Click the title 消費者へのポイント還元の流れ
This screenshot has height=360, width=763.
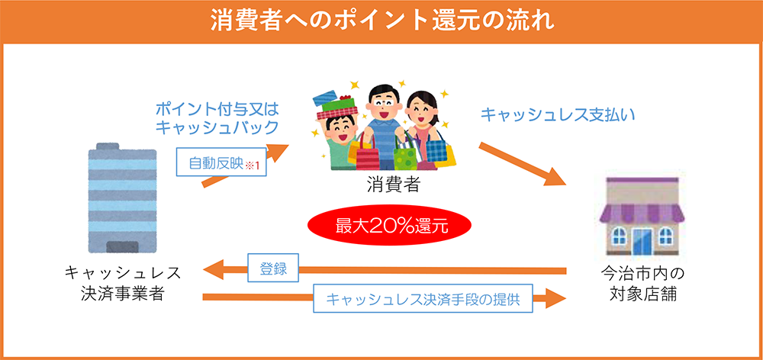pyautogui.click(x=382, y=21)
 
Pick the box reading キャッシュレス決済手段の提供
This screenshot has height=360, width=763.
pyautogui.click(x=423, y=299)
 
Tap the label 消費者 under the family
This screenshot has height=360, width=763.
pyautogui.click(x=392, y=185)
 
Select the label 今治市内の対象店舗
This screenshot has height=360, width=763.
pyautogui.click(x=642, y=282)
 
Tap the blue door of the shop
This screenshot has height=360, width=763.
pyautogui.click(x=642, y=239)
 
